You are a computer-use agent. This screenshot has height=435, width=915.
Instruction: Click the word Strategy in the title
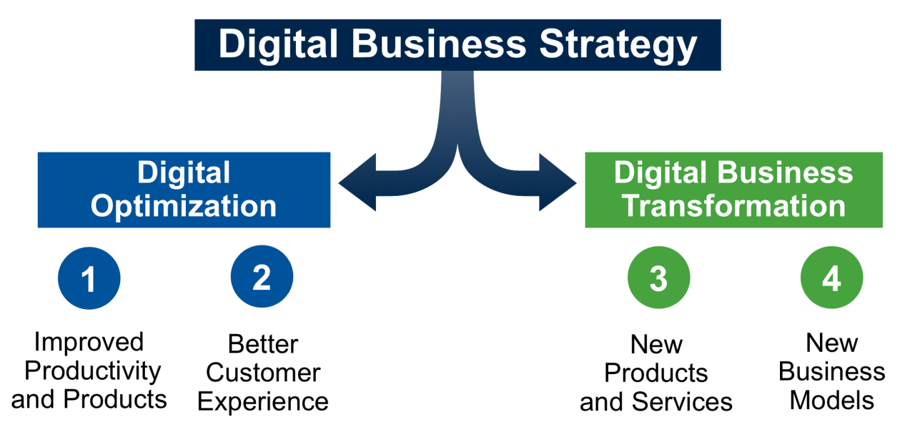coord(618,46)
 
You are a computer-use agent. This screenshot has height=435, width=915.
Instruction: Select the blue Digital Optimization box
coord(184,190)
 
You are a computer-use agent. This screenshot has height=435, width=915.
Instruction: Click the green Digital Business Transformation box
coord(733,190)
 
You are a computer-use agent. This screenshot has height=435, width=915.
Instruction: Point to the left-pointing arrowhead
coord(357,182)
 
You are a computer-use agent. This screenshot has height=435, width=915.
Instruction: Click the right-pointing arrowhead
coord(558,182)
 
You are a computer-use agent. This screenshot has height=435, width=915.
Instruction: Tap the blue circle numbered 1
coord(89,278)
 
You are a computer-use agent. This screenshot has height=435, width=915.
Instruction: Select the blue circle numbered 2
coord(262,276)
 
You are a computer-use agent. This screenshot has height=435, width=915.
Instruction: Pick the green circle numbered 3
coord(659,277)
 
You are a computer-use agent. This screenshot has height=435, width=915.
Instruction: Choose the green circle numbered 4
coord(831,277)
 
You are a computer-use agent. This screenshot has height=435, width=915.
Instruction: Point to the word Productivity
coord(93,372)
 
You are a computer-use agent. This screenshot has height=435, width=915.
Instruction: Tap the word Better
coord(263,344)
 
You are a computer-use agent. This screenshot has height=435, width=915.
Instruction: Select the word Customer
coord(263,373)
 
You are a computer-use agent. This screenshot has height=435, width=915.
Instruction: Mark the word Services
coord(682,402)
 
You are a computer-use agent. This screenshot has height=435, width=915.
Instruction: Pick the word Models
coord(831,400)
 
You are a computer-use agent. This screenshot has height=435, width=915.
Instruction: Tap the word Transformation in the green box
coord(733,205)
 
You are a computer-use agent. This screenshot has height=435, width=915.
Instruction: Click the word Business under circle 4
coord(831,371)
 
